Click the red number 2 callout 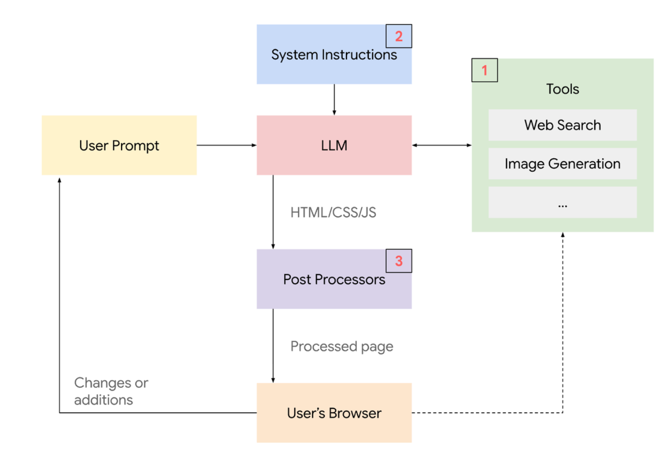tap(399, 36)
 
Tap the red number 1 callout tap(485, 70)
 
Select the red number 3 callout tap(399, 261)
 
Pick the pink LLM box tap(334, 145)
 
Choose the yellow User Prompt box tap(119, 145)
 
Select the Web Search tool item tap(562, 125)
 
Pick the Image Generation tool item tap(562, 164)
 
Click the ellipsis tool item tap(562, 203)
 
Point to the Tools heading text tap(562, 89)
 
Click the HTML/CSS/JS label tap(333, 213)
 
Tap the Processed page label tap(342, 346)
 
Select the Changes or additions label tap(111, 391)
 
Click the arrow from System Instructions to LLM tap(334, 100)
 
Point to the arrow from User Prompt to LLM tap(227, 145)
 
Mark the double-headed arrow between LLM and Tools tap(442, 145)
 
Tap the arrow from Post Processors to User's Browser tap(273, 346)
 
